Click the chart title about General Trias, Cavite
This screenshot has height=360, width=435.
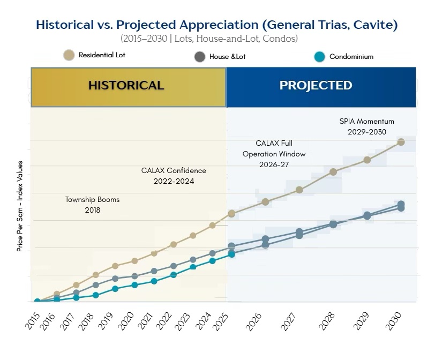217,25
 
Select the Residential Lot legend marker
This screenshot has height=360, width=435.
68,55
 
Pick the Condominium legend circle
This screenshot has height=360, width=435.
319,56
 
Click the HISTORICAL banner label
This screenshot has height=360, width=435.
126,85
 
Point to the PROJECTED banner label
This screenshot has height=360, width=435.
316,85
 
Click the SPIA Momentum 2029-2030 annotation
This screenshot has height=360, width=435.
363,126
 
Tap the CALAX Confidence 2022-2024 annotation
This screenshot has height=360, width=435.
174,176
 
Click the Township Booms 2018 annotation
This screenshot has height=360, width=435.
92,205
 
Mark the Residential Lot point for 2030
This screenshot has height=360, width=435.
400,142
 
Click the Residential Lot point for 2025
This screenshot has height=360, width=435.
231,214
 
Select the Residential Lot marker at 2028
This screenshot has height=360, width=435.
333,172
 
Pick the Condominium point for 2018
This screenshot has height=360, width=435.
96,295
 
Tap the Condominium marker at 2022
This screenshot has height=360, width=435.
174,275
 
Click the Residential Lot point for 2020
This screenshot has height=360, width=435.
134,261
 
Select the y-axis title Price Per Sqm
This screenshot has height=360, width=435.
20,206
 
